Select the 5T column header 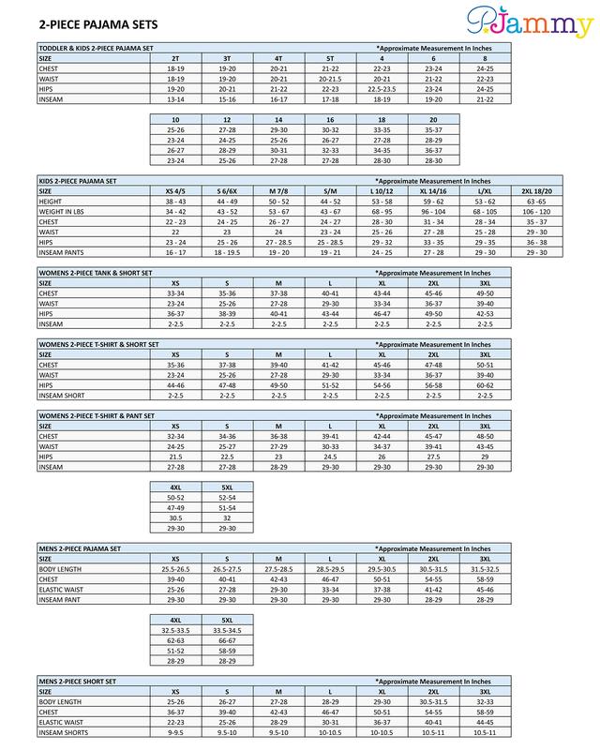point(329,58)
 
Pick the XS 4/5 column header point(175,190)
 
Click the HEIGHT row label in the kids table point(51,201)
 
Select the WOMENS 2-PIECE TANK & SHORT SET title point(95,272)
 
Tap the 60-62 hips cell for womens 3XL point(485,384)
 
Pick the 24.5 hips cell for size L point(329,457)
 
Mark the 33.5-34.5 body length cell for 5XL point(227,630)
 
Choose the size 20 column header point(432,120)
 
